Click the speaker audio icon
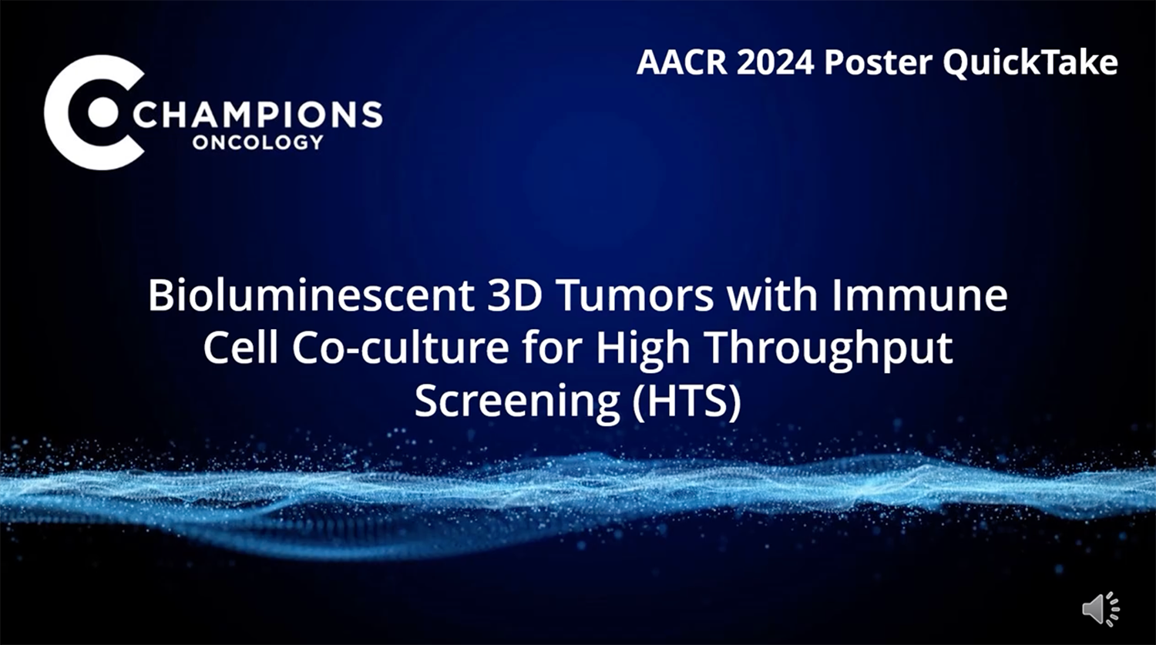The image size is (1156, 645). click(x=1101, y=609)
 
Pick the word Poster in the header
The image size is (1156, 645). click(x=879, y=62)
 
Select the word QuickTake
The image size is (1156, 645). click(x=1030, y=63)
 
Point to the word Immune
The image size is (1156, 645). click(x=919, y=296)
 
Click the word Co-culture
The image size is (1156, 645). click(x=401, y=348)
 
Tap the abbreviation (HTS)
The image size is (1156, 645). click(x=687, y=401)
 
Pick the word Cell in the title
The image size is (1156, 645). click(x=243, y=348)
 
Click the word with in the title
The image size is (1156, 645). click(x=772, y=295)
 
